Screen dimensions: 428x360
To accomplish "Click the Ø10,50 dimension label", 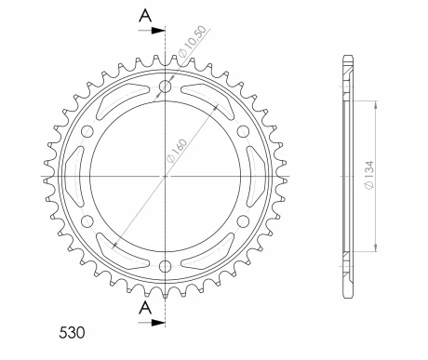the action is tap(192, 42).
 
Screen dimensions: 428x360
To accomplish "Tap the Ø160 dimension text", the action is tap(177, 151).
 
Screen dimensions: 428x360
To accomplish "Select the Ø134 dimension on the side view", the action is tap(369, 175).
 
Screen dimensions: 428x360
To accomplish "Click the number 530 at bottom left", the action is tap(72, 332).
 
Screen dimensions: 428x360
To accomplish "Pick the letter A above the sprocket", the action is tap(145, 16).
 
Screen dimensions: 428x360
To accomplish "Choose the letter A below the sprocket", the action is tap(145, 308).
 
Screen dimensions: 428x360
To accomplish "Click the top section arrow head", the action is tap(158, 31).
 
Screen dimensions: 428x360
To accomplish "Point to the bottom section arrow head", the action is tap(158, 323).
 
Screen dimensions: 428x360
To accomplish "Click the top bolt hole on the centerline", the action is tap(166, 87).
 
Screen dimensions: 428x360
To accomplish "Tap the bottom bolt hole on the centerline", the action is tap(166, 266).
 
